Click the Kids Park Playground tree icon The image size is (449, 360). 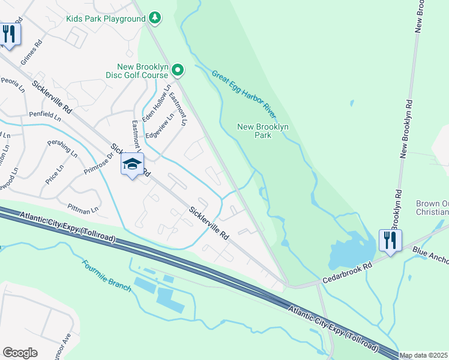[155, 18]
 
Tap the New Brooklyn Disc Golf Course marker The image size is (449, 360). [178, 71]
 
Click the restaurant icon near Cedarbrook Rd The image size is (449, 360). [390, 241]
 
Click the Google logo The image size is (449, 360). [20, 352]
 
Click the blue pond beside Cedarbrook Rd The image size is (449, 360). [345, 255]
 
